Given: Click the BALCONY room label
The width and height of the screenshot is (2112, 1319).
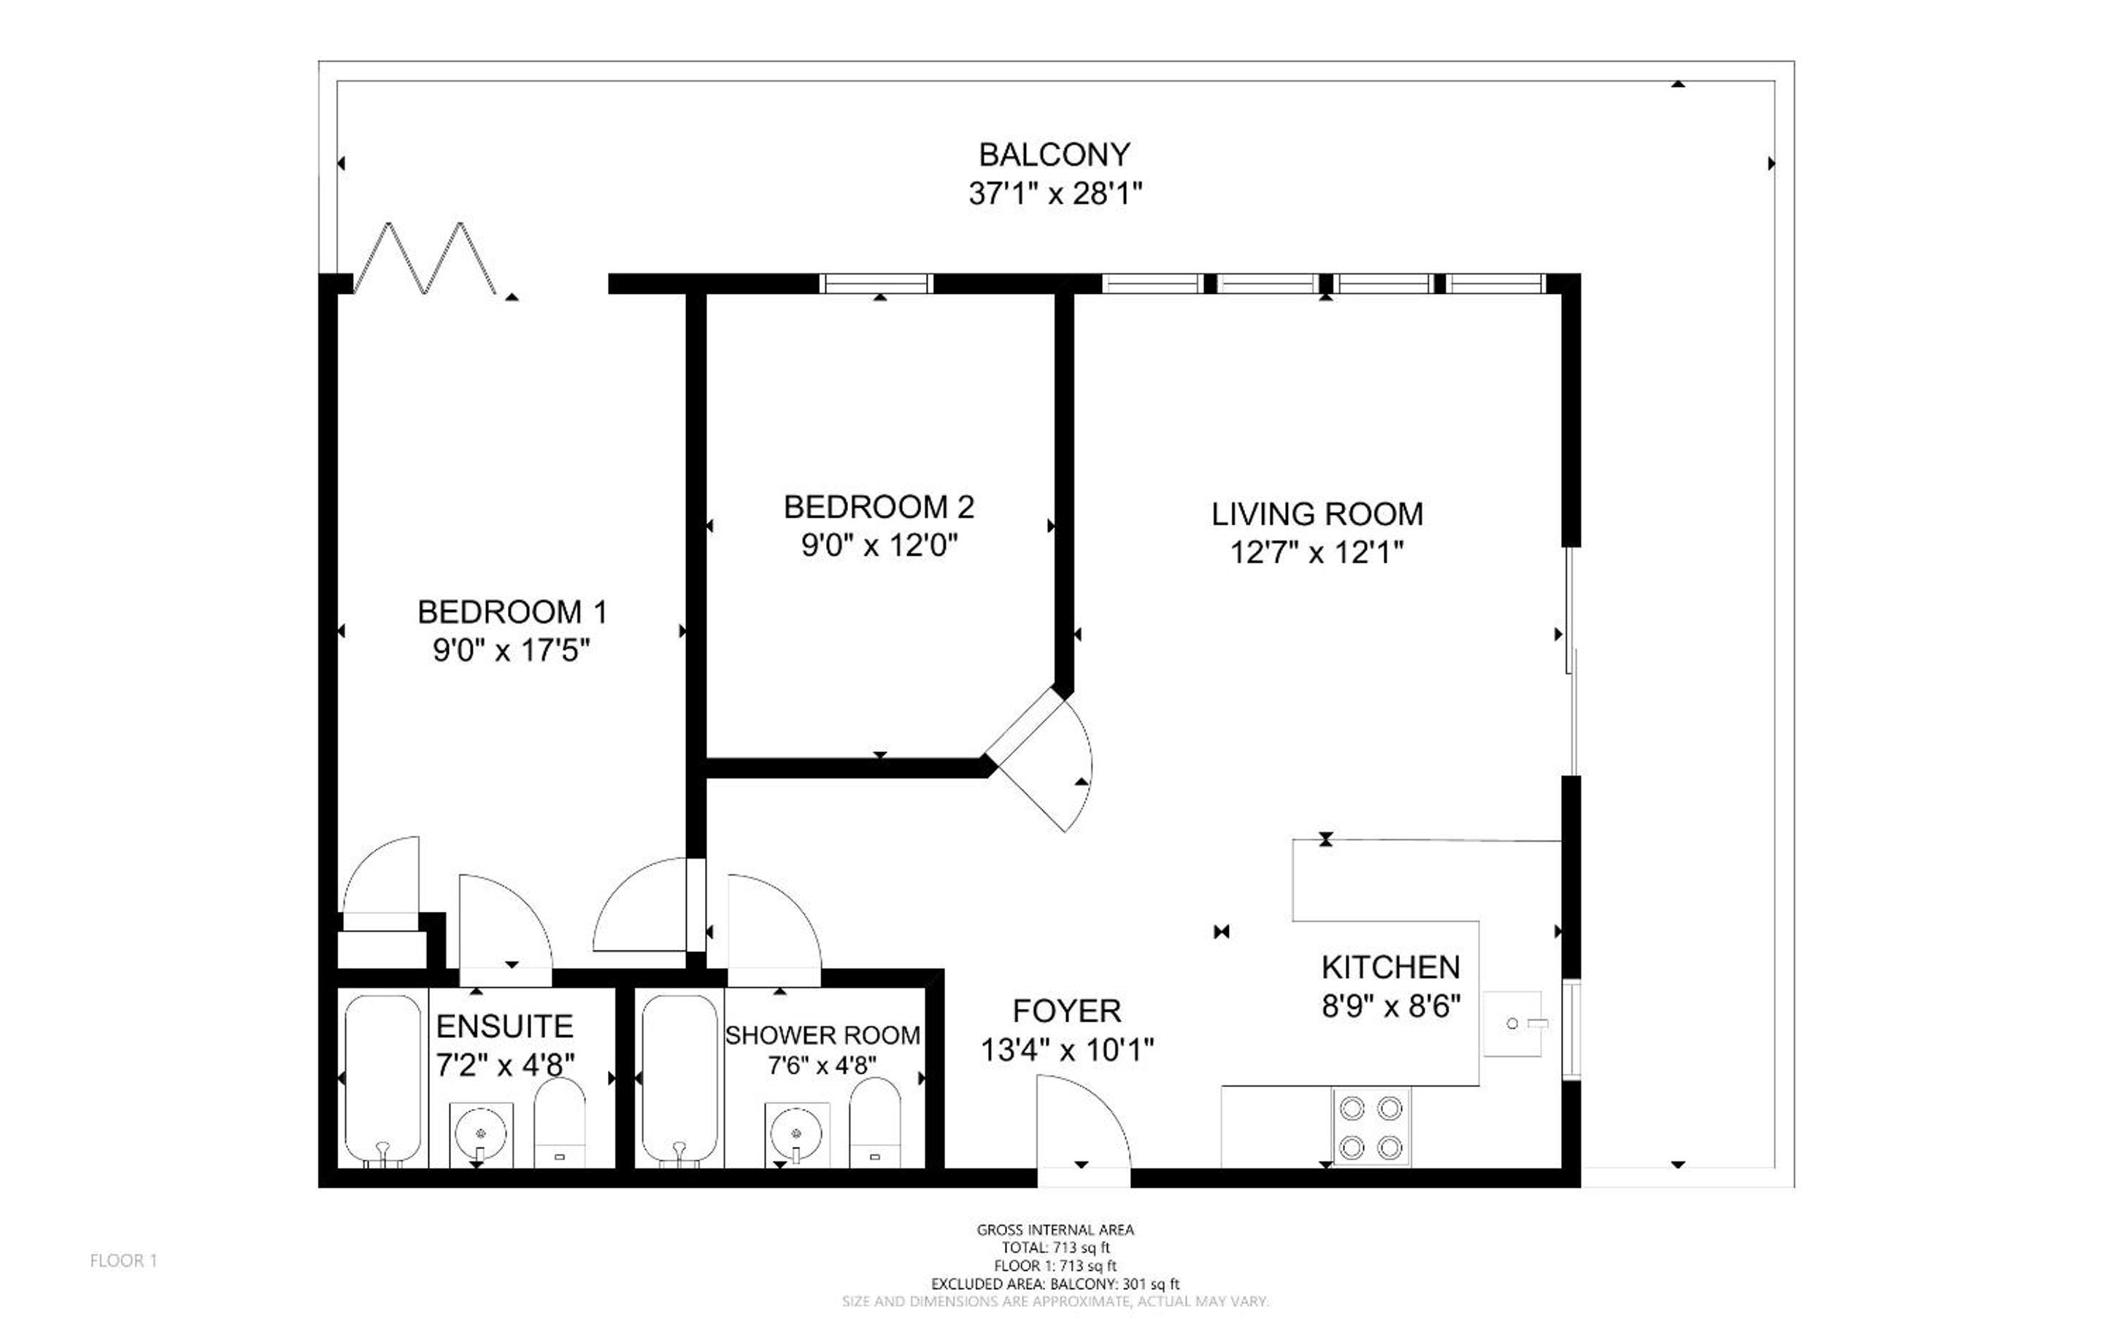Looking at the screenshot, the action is tap(1055, 155).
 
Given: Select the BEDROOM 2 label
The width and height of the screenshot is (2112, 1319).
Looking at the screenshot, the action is tap(879, 507).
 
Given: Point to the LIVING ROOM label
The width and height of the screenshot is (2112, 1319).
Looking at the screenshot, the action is tap(1317, 514).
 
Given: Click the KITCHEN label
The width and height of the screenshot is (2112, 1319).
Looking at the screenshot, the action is tap(1390, 967).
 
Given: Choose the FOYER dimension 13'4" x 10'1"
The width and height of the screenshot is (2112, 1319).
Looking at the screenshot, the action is tap(1067, 1050).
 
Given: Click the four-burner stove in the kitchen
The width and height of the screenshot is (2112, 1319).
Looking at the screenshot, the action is tap(1371, 1127).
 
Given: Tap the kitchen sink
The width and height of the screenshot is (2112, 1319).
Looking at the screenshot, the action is tap(1514, 1024).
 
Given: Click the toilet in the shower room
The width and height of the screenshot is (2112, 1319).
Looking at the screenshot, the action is tap(875, 1123).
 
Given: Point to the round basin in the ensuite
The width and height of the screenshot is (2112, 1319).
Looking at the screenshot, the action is tap(481, 1133).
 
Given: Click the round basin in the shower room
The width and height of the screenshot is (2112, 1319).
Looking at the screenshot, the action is tap(796, 1133).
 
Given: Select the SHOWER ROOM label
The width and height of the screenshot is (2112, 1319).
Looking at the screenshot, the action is tap(822, 1035).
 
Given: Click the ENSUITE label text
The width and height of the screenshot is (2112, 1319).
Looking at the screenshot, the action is tap(505, 1026).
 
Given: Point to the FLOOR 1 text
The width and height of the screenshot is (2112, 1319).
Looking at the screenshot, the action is tap(124, 1261).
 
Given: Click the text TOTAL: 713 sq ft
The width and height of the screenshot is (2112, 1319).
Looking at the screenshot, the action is tap(1055, 1248).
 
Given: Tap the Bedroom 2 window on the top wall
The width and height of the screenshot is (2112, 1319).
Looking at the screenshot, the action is tap(876, 284).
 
